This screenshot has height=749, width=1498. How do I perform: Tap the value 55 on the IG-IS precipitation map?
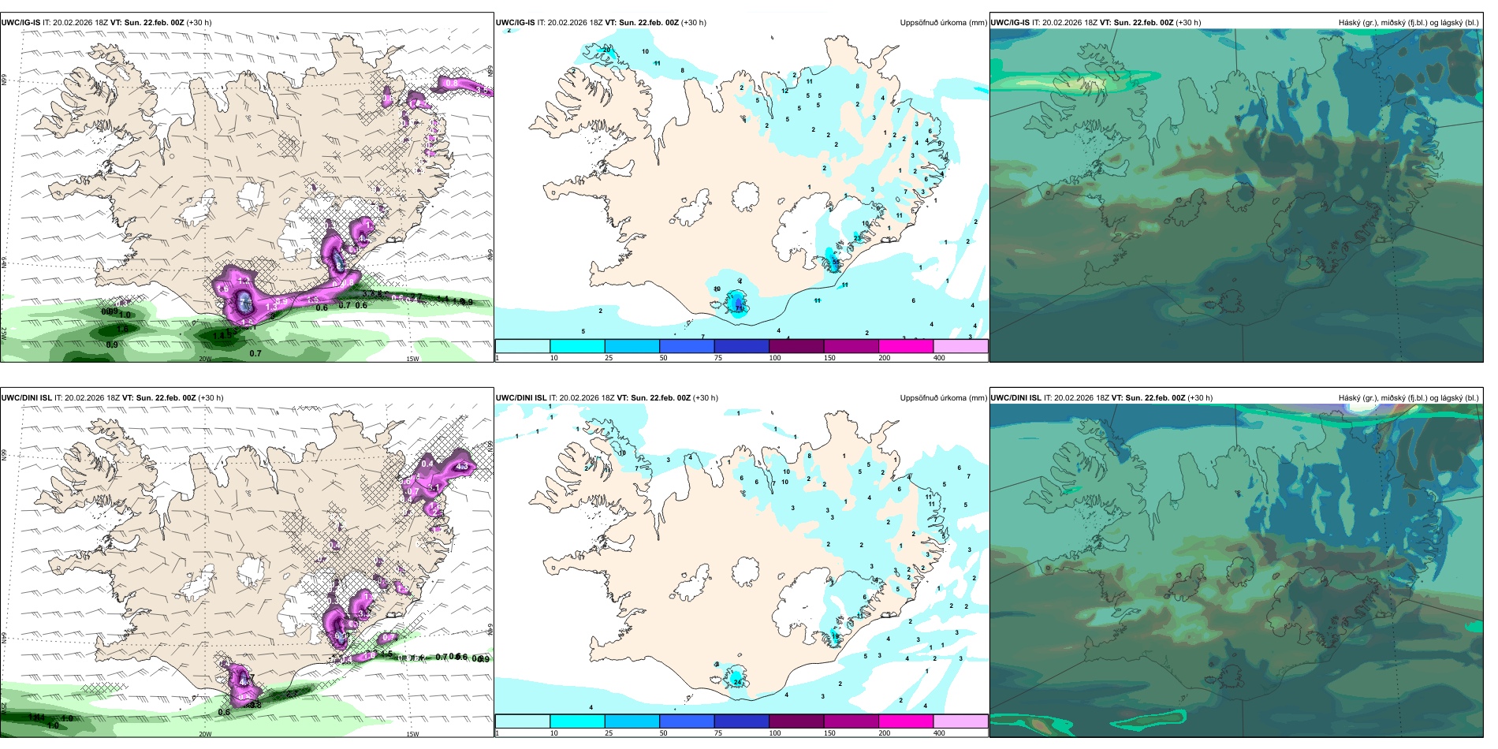tap(836, 262)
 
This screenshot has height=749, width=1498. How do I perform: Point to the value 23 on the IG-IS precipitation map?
tap(857, 238)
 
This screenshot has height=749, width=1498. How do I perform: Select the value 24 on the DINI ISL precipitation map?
tap(737, 680)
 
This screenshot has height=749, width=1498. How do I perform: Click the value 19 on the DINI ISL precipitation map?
tap(835, 635)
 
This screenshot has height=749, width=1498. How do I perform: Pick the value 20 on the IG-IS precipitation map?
tap(606, 50)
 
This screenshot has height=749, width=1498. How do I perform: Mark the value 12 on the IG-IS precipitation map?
tap(784, 91)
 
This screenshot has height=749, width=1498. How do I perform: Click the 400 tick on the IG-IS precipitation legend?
tap(939, 358)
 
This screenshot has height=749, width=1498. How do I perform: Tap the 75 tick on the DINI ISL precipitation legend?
tap(718, 733)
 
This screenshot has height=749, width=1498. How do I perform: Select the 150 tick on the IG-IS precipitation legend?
tap(829, 358)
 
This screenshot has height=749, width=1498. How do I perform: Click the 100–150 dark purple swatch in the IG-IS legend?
tap(796, 346)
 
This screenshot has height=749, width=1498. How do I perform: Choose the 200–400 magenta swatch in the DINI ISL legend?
tap(906, 721)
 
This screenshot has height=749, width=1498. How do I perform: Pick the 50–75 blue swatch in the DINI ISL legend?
tap(687, 721)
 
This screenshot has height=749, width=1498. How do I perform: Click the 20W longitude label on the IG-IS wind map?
tap(205, 359)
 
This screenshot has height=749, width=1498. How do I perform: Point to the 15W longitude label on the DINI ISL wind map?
tap(412, 734)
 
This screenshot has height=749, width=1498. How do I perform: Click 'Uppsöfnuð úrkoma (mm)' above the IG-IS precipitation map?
tap(943, 23)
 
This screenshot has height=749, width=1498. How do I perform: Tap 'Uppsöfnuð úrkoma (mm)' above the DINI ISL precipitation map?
tap(943, 398)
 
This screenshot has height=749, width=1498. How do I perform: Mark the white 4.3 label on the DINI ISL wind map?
tap(463, 467)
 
